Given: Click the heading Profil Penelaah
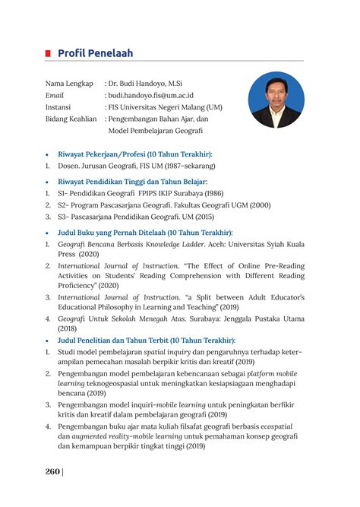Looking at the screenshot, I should pos(95,53).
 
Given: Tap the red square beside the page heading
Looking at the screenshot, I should pos(48,53).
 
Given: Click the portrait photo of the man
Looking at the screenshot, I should pos(275,100).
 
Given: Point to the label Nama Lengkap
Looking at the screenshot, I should pos(69,83).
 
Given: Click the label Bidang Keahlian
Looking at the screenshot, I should pos(71,119).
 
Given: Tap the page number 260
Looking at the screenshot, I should pos(52,471).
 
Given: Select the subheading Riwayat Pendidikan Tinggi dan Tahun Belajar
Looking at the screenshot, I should pos(144,182).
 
